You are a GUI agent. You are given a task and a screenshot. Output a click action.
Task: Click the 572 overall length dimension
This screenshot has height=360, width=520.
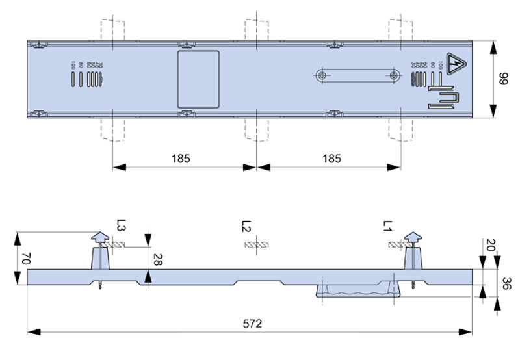pos(250,323)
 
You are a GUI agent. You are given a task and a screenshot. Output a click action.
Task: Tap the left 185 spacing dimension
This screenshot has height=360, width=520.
pos(182,158)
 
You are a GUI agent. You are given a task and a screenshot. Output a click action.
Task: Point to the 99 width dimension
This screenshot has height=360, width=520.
pos(503,79)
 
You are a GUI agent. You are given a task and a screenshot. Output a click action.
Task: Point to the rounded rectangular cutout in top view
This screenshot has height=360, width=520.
pos(198,79)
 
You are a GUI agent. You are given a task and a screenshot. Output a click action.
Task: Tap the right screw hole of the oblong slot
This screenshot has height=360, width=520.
pos(394,75)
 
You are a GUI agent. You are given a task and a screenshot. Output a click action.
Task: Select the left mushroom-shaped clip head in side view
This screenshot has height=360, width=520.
pos(99,238)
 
